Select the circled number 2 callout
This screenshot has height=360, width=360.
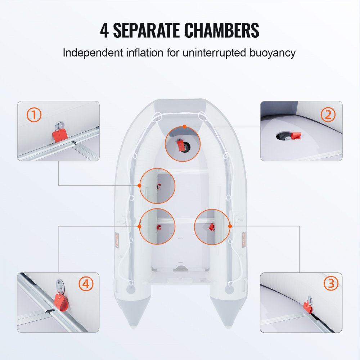pos(328,115)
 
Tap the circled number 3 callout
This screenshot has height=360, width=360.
pos(330,284)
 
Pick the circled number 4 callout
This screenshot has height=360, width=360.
pos(86,284)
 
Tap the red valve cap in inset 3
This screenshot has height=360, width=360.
pos(308,306)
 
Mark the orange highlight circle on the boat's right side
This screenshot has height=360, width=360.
pos(212,226)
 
